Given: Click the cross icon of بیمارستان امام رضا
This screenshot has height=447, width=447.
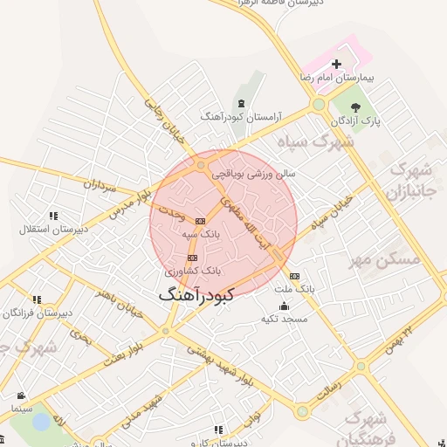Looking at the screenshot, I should [x=337, y=64].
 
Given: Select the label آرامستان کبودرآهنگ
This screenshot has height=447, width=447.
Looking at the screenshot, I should [x=232, y=116].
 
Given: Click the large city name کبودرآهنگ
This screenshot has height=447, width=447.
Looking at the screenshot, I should [x=196, y=296].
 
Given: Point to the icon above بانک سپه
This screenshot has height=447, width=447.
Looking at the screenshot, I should [x=200, y=221].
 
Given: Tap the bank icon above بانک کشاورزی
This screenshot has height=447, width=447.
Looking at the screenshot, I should [x=192, y=258].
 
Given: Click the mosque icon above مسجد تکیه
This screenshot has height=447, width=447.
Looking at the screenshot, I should [x=284, y=306].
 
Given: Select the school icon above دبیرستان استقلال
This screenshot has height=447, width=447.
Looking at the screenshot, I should [x=53, y=216].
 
